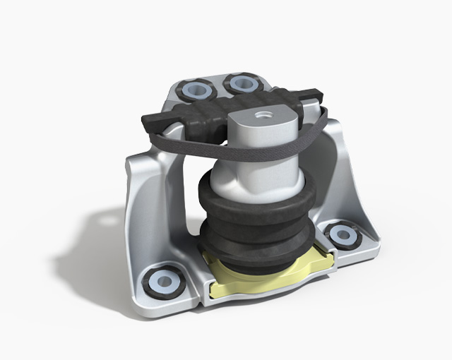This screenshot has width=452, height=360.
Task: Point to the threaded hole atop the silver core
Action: click(264, 113)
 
